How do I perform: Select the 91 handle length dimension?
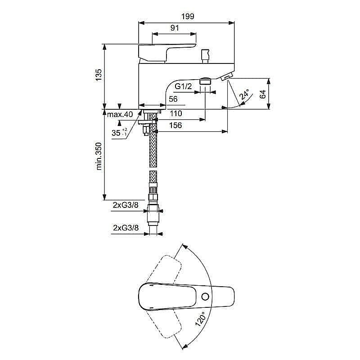175,28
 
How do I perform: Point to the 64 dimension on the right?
263,94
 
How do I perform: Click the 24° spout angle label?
244,95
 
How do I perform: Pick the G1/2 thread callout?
184,86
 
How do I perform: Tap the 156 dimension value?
176,125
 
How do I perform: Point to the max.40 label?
121,114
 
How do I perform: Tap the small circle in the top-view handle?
206,297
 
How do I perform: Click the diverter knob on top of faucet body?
206,55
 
